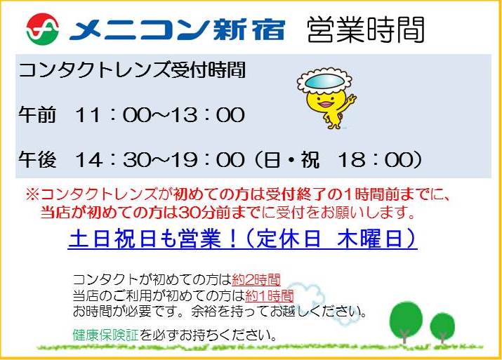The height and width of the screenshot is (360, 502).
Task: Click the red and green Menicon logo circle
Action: click(43, 29)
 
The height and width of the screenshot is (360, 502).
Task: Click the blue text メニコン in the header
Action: click(140, 30)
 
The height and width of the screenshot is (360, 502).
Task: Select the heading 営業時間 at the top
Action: click(366, 29)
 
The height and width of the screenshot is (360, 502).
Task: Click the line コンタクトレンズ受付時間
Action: click(132, 70)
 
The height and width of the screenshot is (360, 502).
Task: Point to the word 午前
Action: click(37, 114)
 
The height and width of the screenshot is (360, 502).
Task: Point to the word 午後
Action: click(37, 159)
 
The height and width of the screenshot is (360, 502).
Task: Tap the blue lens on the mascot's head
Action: click(324, 81)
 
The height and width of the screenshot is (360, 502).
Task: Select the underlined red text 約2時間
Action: click(256, 280)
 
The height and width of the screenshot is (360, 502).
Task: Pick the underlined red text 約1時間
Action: click(269, 295)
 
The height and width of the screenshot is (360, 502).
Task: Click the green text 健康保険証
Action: click(105, 335)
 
